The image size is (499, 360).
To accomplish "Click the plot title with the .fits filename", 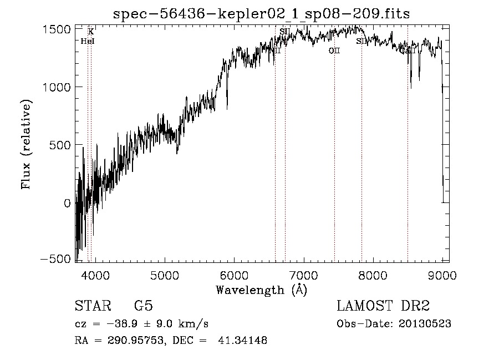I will coord(261,14).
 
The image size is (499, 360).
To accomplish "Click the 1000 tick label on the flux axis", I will coord(57,87).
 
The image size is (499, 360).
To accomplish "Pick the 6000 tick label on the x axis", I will coord(234,276).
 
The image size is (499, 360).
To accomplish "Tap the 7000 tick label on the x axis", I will coord(303,276).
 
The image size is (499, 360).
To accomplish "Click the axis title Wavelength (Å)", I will coord(261,290).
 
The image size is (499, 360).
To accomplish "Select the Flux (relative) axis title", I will coord(27,144).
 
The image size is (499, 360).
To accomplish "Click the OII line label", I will coord(334,51).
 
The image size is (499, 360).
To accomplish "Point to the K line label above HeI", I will coord(91,32).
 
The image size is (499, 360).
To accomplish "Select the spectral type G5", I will coord(144,306).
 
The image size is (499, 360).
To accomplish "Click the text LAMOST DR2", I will coord(383,306).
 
